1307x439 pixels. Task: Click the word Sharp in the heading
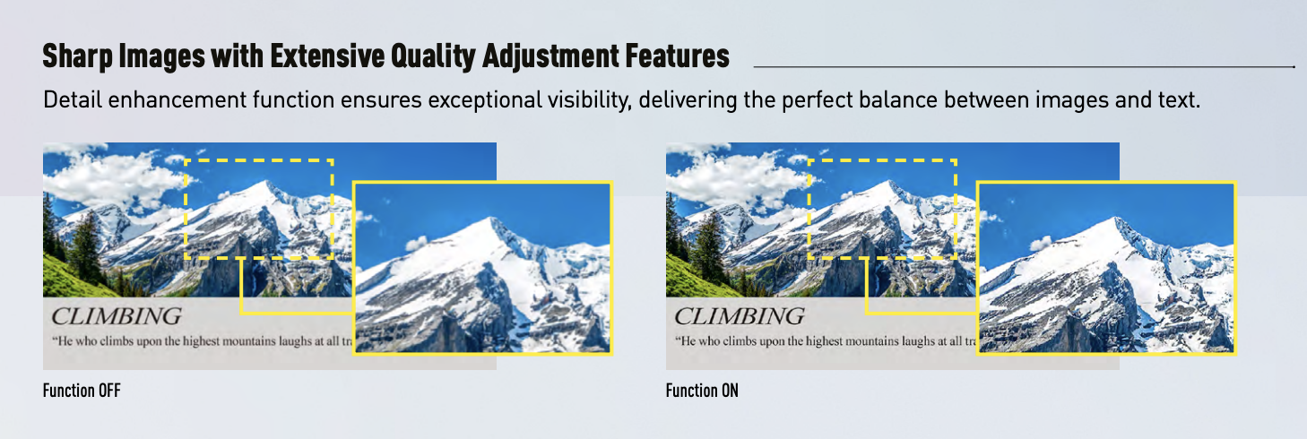click(77, 56)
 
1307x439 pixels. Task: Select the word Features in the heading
click(677, 56)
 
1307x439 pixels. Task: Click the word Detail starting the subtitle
click(73, 99)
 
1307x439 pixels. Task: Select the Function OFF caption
click(82, 390)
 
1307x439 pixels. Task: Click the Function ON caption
click(702, 390)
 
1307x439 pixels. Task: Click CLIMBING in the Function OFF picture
click(117, 316)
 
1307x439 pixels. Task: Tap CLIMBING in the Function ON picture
click(740, 316)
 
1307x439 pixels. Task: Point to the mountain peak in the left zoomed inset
click(492, 220)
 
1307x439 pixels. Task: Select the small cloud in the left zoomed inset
click(416, 243)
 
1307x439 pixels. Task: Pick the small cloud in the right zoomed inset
click(1040, 243)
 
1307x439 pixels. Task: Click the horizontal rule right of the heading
click(1024, 67)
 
